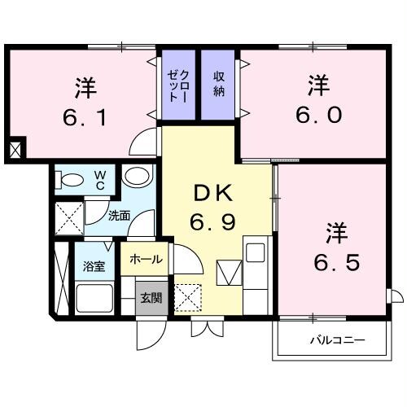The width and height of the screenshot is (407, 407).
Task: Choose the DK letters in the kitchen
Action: point(214,194)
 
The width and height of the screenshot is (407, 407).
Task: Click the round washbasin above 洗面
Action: point(137,177)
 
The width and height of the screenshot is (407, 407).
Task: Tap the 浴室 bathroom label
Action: point(94,266)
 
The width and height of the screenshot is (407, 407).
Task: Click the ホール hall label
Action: point(146,260)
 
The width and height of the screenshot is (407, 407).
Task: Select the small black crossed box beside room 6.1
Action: point(15,150)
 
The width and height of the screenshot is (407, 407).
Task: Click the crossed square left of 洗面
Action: point(67,219)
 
